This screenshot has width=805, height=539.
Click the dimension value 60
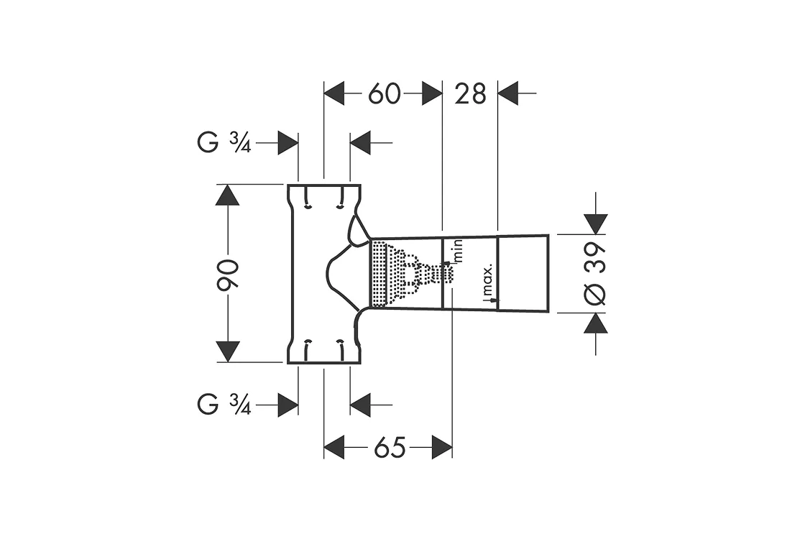[x=384, y=94]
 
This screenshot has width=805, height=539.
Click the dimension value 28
[x=470, y=94]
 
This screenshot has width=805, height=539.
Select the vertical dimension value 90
[x=227, y=275]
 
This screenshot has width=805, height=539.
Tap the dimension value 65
[x=390, y=448]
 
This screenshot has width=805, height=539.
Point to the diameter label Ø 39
[x=595, y=274]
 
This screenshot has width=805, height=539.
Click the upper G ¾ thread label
[x=224, y=142]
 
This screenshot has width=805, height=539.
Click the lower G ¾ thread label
[x=224, y=405]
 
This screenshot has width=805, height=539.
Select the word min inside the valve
[x=458, y=251]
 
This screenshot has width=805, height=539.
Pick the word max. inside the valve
[x=488, y=280]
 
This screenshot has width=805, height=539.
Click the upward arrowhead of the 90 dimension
[x=228, y=195]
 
